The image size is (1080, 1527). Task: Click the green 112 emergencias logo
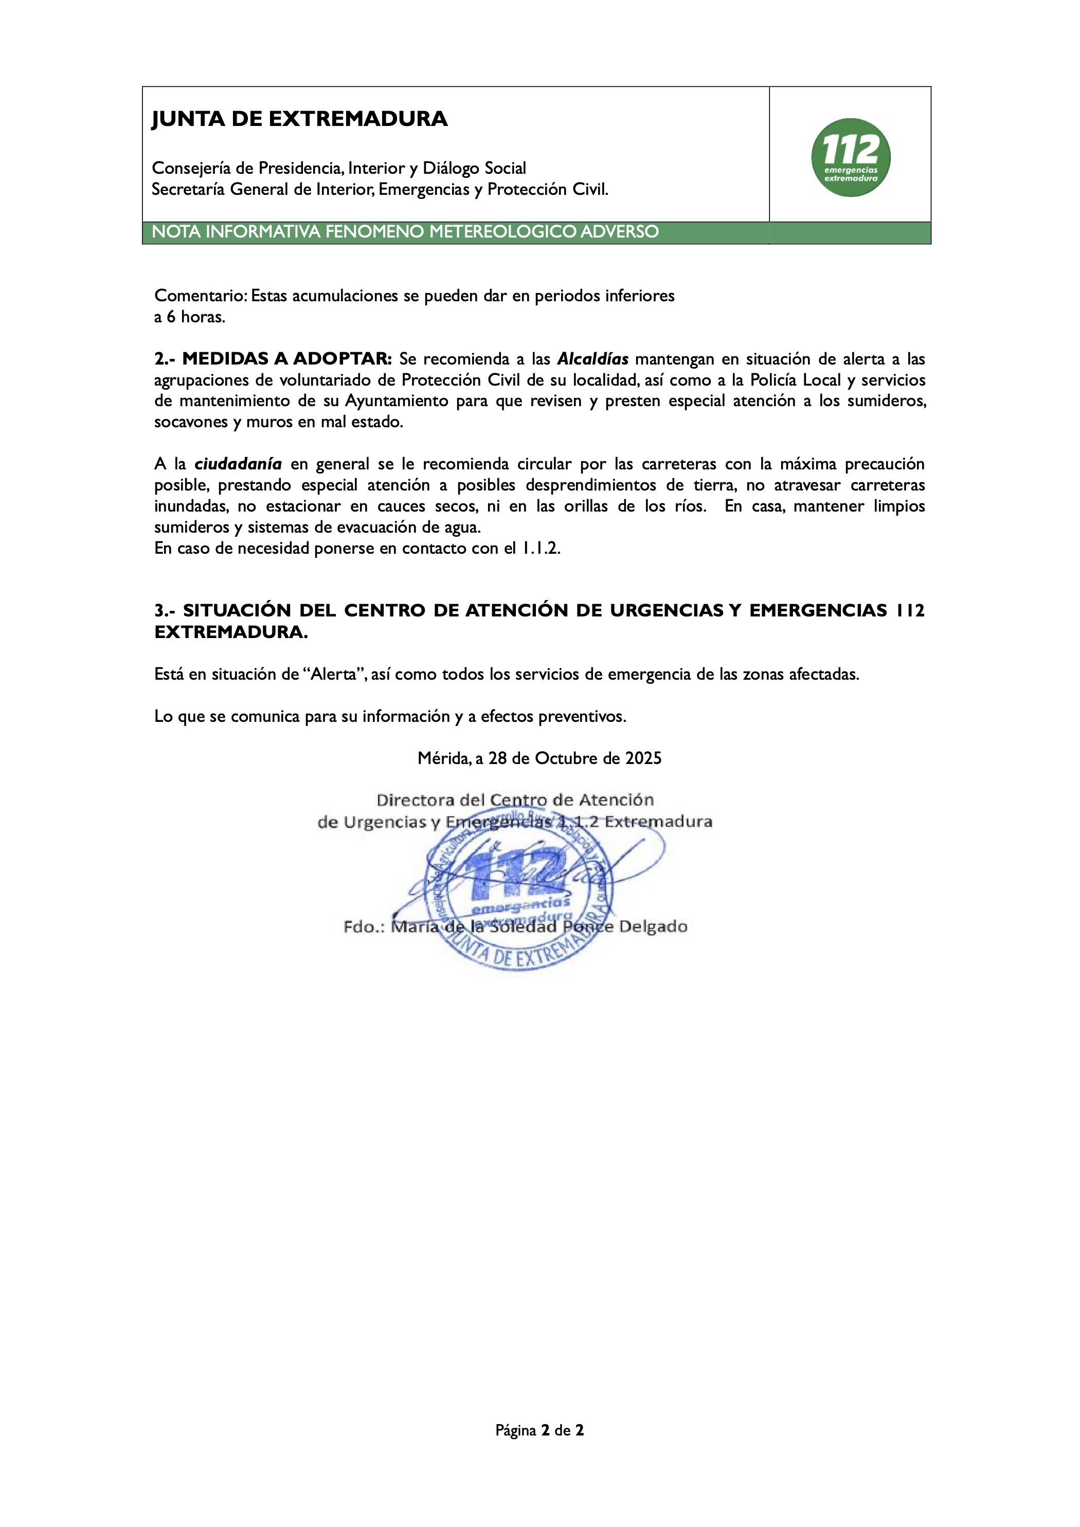point(851,158)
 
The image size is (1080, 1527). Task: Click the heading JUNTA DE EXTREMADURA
point(299,119)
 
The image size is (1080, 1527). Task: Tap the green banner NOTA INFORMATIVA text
point(405,232)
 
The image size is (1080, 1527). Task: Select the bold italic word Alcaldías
point(592,360)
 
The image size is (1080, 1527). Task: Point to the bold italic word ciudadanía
point(238,464)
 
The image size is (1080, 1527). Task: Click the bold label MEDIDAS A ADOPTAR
point(287,359)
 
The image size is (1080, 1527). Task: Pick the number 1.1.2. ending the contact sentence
point(541,549)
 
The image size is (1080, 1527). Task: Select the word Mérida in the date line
point(443,759)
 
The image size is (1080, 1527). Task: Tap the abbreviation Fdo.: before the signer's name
point(364,926)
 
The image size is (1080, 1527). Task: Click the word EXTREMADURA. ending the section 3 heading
point(231,632)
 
